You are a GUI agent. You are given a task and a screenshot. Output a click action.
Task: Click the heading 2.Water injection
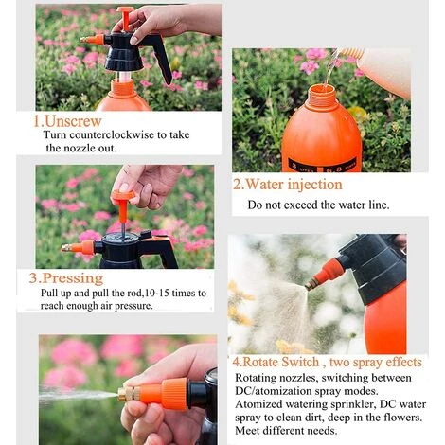(288, 184)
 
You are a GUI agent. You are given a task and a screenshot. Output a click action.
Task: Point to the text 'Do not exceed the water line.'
(318, 205)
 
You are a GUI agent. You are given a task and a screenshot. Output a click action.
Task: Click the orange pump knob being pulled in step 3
(122, 196)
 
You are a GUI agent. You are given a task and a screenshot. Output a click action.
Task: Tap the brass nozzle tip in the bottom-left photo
(123, 393)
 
